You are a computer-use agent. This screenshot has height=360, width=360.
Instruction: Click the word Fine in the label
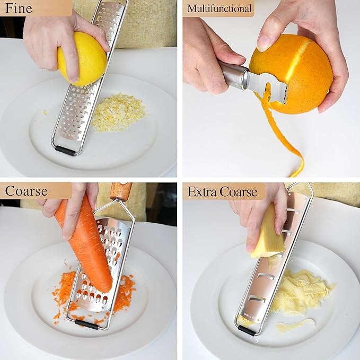pos(18,8)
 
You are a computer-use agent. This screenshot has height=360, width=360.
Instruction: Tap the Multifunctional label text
pos(219,8)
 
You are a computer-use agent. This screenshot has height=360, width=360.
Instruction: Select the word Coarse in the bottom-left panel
pos(27,191)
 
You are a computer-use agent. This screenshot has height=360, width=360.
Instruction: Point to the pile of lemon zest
pos(118,112)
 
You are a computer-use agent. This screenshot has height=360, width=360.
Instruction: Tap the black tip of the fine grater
pos(65,150)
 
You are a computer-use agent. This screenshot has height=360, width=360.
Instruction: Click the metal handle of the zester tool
pos(233,75)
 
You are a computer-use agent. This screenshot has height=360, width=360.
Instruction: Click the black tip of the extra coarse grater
pos(246,330)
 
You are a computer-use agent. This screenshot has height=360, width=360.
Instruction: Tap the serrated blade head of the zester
pos(268,87)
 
